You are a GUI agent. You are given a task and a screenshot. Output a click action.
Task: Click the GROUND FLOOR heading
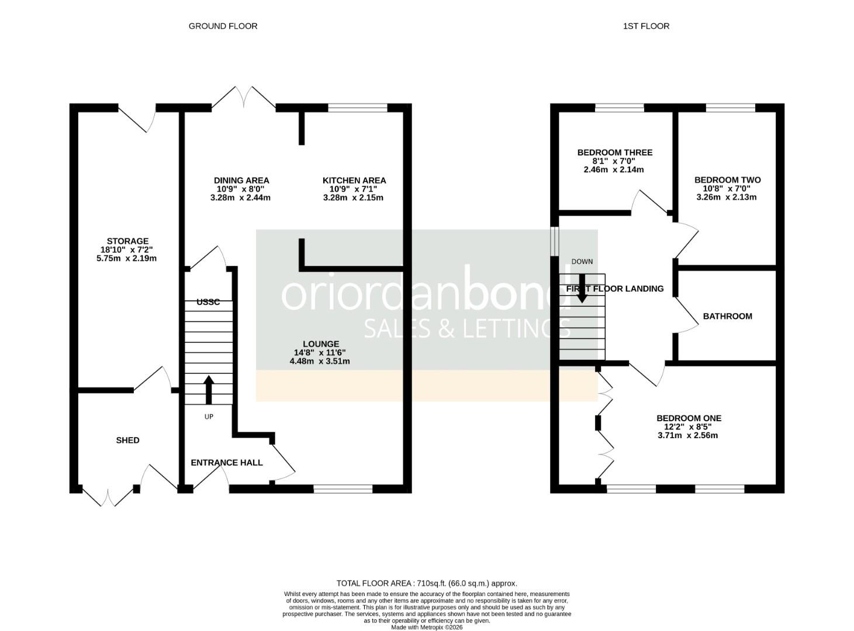coord(223,26)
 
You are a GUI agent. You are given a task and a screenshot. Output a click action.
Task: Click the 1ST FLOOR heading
coord(646,26)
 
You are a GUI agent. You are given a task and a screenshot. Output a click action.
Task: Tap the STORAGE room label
coord(127,241)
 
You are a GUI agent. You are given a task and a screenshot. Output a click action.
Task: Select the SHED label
coord(127,440)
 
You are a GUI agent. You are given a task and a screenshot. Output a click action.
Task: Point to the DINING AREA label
coord(241,181)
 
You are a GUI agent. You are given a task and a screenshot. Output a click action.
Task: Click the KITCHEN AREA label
coord(354,181)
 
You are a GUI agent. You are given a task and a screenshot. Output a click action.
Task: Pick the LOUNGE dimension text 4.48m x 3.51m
coord(320,361)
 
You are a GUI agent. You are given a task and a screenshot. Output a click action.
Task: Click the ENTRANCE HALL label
coord(227,462)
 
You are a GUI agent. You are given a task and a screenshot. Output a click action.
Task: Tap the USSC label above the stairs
coord(208,302)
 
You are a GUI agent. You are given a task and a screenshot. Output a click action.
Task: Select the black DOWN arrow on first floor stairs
coord(582,289)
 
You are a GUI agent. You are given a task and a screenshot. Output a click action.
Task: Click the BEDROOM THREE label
coord(614,152)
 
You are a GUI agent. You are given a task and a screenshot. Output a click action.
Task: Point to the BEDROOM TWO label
coord(727,180)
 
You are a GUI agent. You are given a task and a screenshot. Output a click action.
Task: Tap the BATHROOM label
coord(727,316)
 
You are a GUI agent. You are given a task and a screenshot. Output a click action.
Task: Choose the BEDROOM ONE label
coord(689,418)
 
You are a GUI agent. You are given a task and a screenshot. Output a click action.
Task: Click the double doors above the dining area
coord(244,98)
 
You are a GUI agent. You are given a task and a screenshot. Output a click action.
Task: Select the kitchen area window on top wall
coord(358,108)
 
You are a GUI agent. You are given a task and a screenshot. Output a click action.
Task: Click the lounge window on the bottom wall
coord(343,489)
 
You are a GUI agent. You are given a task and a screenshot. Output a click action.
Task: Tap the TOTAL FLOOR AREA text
coord(427,583)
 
